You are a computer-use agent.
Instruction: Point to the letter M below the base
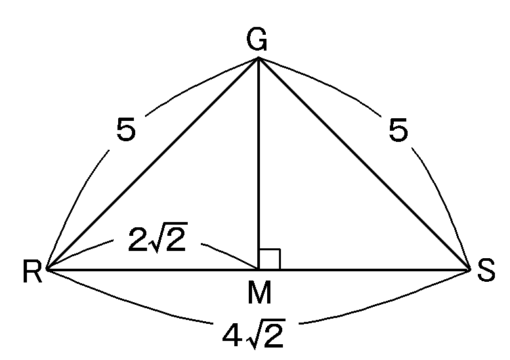(259, 292)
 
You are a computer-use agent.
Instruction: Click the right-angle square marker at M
(270, 259)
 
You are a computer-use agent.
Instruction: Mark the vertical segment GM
(259, 164)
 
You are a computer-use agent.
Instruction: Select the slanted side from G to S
(364, 164)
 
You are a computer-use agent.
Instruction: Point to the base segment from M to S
(365, 269)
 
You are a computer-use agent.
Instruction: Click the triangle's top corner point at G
(259, 59)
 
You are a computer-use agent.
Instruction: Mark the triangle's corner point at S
(470, 269)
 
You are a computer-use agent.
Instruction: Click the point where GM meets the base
(259, 269)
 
